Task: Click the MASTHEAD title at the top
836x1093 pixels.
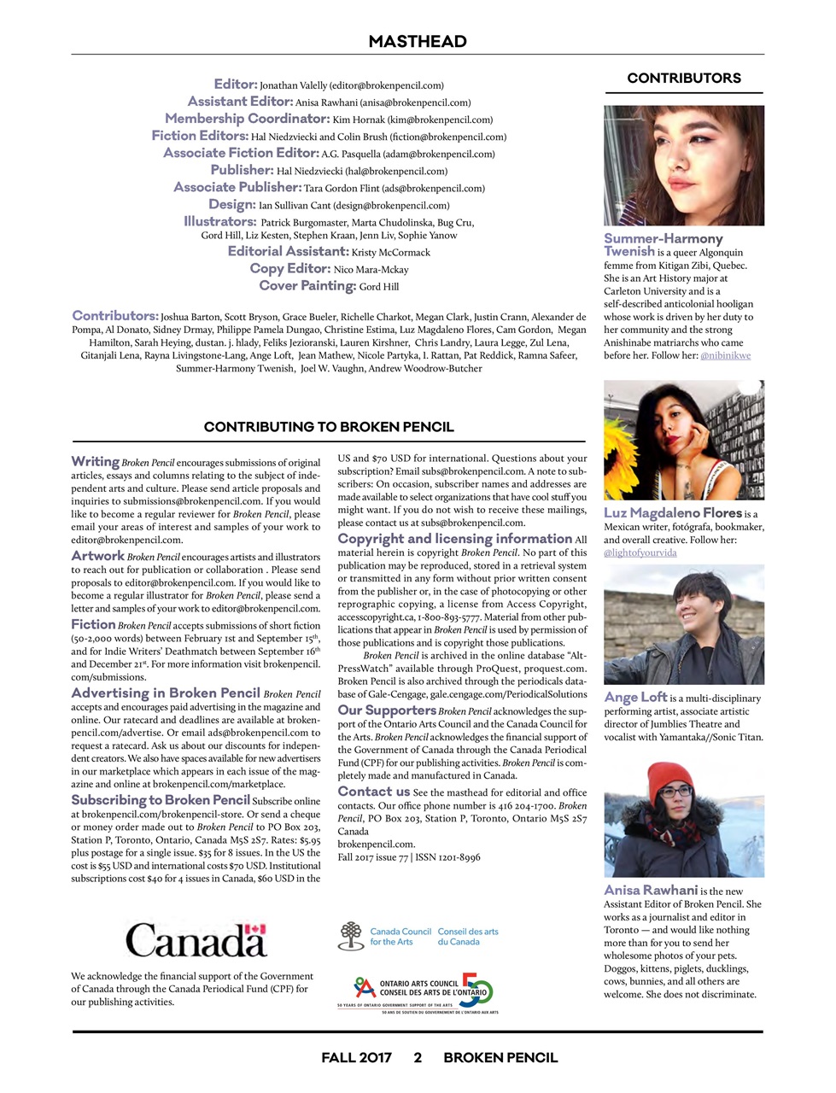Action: click(418, 42)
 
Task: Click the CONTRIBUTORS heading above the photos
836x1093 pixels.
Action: click(684, 78)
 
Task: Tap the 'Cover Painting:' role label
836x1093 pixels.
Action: click(307, 286)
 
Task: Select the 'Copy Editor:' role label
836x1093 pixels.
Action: click(289, 269)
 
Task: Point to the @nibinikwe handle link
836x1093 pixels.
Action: click(725, 355)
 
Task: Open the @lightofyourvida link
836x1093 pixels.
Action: click(640, 552)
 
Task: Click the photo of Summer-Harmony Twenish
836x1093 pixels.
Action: click(683, 165)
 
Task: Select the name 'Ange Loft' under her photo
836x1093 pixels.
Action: click(635, 698)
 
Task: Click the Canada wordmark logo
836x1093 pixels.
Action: click(196, 940)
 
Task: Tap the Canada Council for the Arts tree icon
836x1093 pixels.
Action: click(350, 936)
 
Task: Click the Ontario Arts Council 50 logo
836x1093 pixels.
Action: click(418, 992)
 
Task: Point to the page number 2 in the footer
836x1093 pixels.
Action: click(418, 1057)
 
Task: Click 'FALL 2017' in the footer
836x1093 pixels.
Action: click(356, 1057)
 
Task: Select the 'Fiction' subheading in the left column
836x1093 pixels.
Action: click(93, 625)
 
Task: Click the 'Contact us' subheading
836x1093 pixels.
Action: click(373, 792)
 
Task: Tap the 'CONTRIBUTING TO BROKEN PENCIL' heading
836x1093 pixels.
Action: click(329, 427)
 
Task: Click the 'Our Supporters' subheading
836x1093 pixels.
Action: click(387, 710)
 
